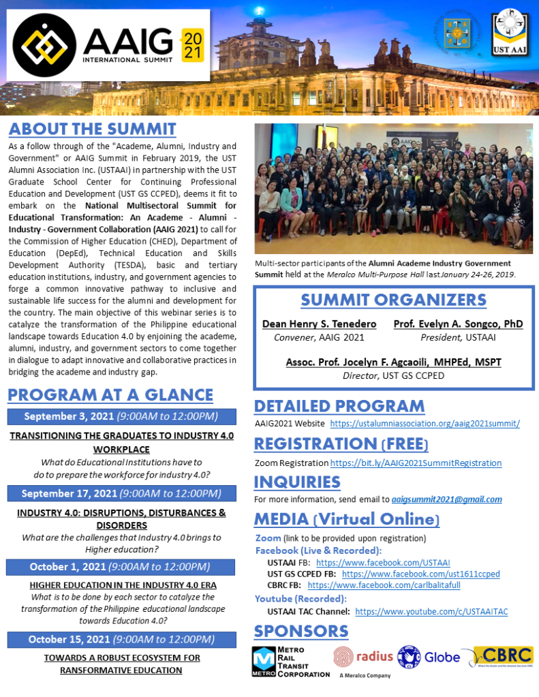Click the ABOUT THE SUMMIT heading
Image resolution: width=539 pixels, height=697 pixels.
tap(93, 129)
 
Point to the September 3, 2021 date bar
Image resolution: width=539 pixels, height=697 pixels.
tap(121, 416)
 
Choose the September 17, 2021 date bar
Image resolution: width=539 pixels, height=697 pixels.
tap(121, 493)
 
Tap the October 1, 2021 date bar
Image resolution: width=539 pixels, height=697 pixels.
tap(121, 567)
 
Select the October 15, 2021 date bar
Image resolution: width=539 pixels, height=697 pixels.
tap(121, 639)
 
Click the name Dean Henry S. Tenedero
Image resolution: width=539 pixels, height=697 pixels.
tap(319, 324)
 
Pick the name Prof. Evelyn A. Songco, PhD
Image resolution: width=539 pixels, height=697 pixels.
tap(458, 324)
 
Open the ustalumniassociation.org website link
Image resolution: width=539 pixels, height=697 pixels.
tap(425, 423)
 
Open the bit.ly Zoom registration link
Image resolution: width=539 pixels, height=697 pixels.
tap(416, 463)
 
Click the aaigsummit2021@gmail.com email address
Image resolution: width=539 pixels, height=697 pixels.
tap(446, 499)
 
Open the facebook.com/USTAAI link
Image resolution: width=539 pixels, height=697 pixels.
tap(383, 563)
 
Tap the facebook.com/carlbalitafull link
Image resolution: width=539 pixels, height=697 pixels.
tap(384, 585)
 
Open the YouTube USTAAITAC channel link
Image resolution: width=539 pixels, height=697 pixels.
tap(431, 612)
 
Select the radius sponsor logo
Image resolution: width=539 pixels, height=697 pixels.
tap(363, 657)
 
